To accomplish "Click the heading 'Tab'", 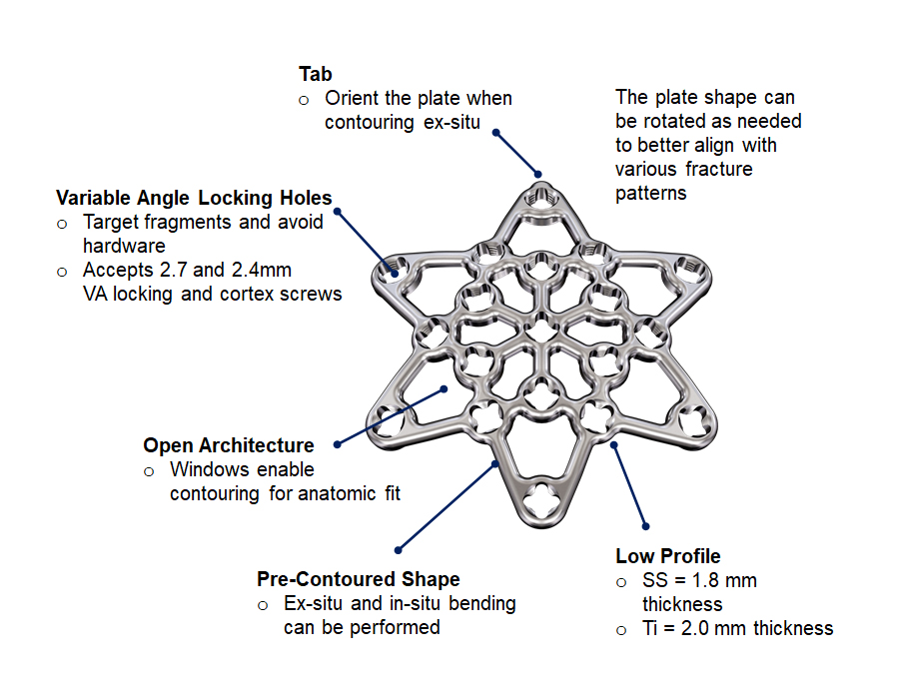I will click(x=316, y=74).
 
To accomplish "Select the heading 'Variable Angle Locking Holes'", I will click(x=194, y=198).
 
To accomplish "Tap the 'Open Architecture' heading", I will click(x=228, y=445).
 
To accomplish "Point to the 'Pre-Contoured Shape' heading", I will click(x=358, y=579).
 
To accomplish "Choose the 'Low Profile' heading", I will click(x=667, y=556).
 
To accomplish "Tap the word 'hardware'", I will click(x=124, y=246).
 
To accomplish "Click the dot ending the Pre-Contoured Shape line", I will click(x=399, y=548).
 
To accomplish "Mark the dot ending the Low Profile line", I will click(x=645, y=525).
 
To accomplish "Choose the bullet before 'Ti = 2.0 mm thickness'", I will click(x=621, y=629).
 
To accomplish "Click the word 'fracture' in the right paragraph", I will click(x=719, y=169).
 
